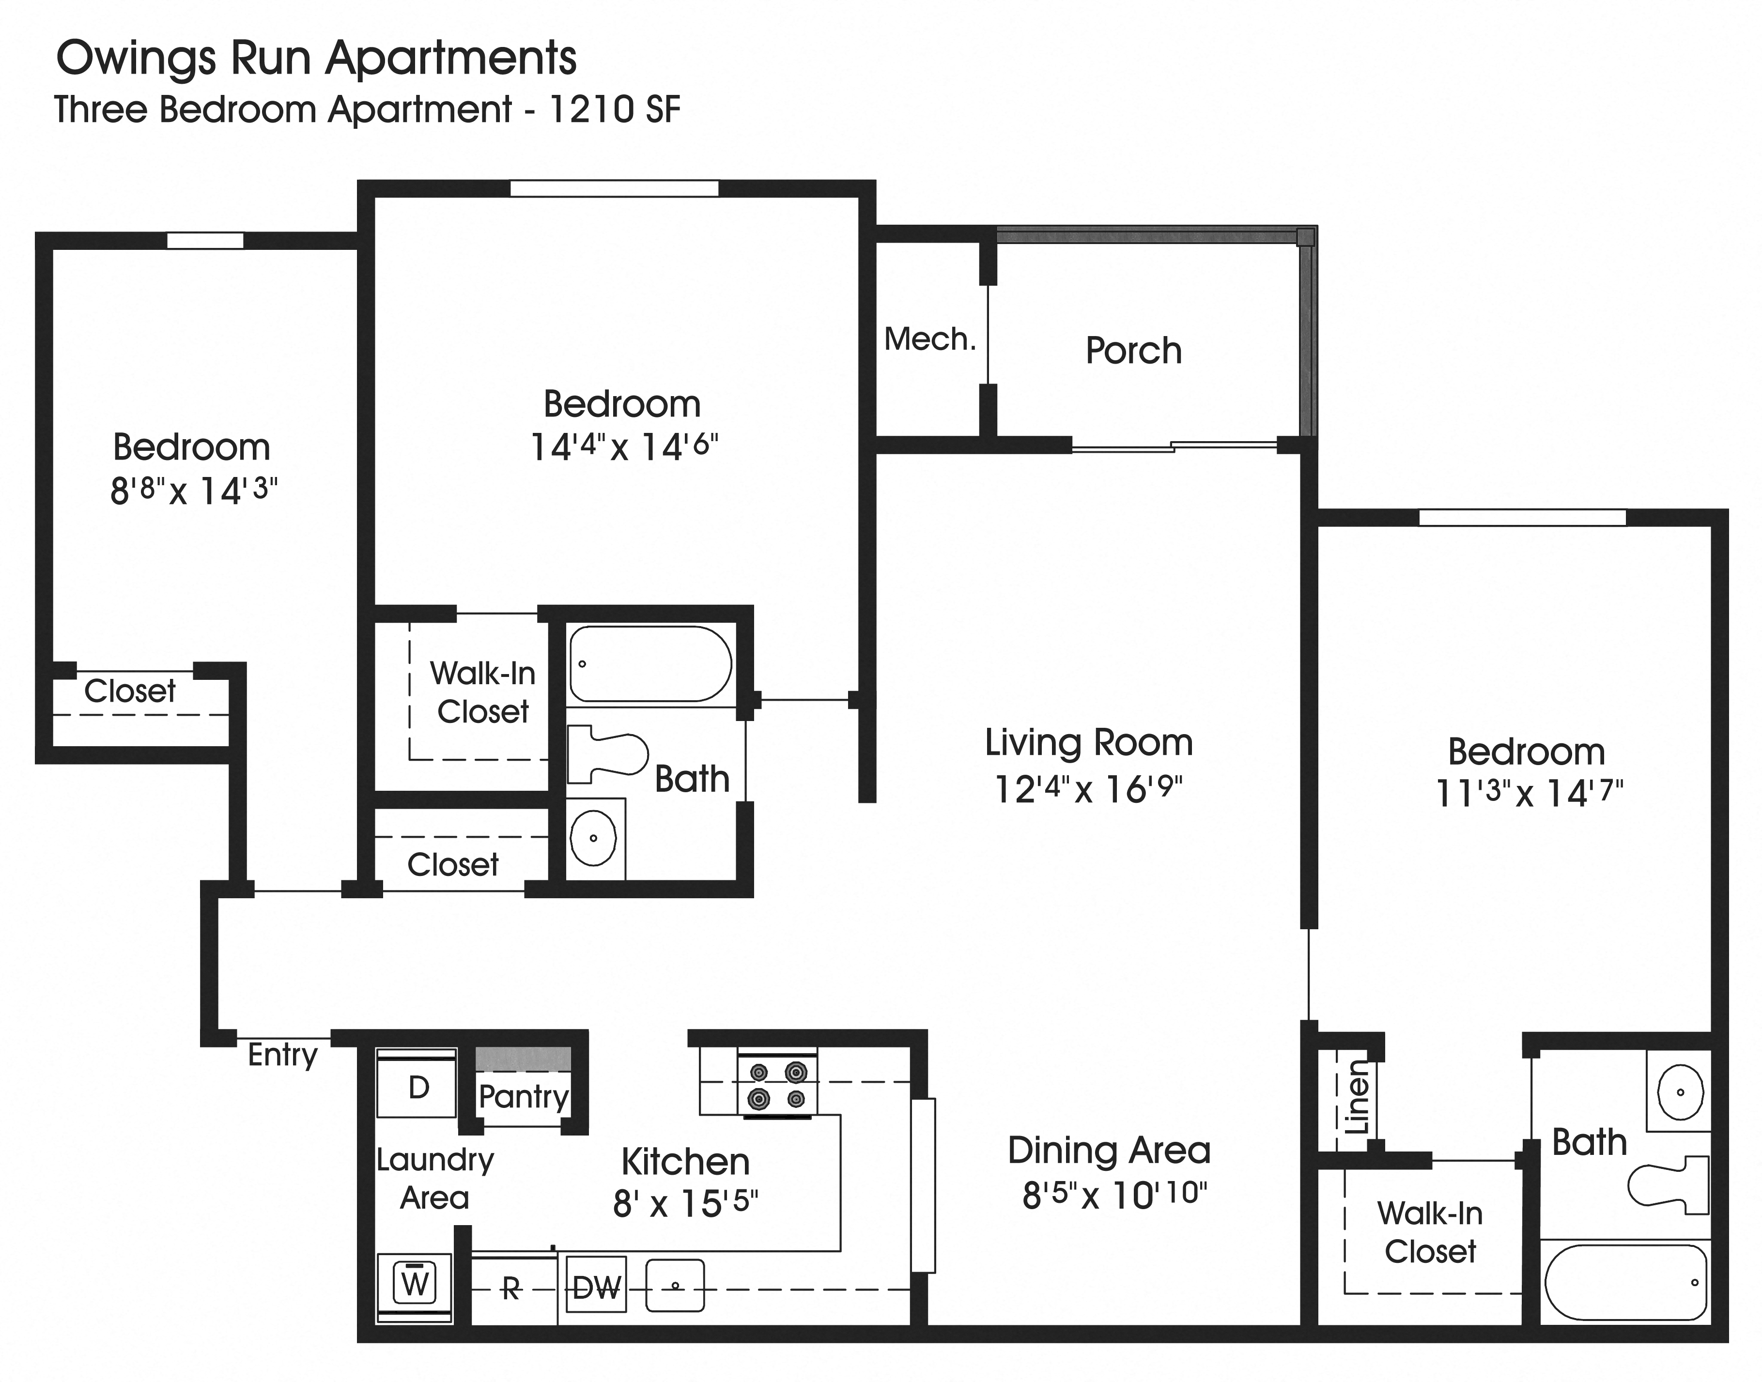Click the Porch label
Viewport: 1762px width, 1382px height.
[1133, 351]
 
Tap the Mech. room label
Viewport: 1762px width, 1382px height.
[930, 339]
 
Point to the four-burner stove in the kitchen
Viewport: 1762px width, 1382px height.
[777, 1085]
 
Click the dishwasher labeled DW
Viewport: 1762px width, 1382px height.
[597, 1287]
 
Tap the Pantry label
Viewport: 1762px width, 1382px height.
[524, 1096]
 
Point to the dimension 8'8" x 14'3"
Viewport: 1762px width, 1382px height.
[193, 491]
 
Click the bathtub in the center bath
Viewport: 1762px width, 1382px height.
[650, 663]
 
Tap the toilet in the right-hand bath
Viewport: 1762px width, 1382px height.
[1667, 1185]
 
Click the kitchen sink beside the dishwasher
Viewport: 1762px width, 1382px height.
[675, 1285]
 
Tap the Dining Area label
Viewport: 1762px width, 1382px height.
[1109, 1150]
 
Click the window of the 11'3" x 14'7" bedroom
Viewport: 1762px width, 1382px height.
[1522, 517]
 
